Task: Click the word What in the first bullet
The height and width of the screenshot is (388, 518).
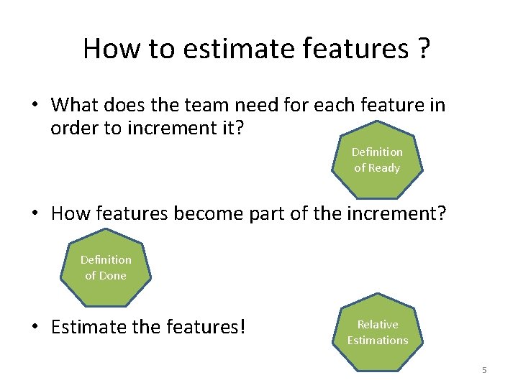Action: tap(75, 106)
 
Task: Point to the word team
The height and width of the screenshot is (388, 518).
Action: tap(197, 106)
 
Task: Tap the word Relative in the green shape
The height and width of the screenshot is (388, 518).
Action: tap(377, 324)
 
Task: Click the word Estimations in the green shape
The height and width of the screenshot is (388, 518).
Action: tap(377, 340)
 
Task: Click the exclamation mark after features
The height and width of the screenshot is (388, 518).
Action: tap(242, 328)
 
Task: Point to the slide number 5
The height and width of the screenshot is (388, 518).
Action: tap(484, 370)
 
